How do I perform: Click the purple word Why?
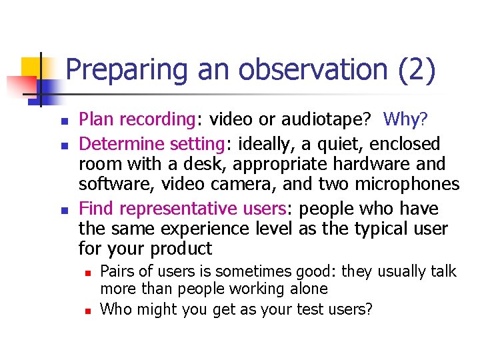coord(407,120)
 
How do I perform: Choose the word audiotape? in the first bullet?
coord(319,120)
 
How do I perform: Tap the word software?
coord(109,185)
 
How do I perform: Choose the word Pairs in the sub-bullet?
coord(116,271)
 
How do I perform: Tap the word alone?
coord(306,289)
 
